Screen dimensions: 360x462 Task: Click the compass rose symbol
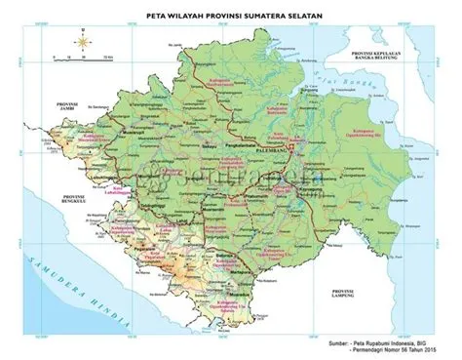pyautogui.click(x=83, y=42)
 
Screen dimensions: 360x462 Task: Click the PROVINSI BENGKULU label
pyautogui.click(x=46, y=201)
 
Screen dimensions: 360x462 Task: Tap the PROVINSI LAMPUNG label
pyautogui.click(x=345, y=296)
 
